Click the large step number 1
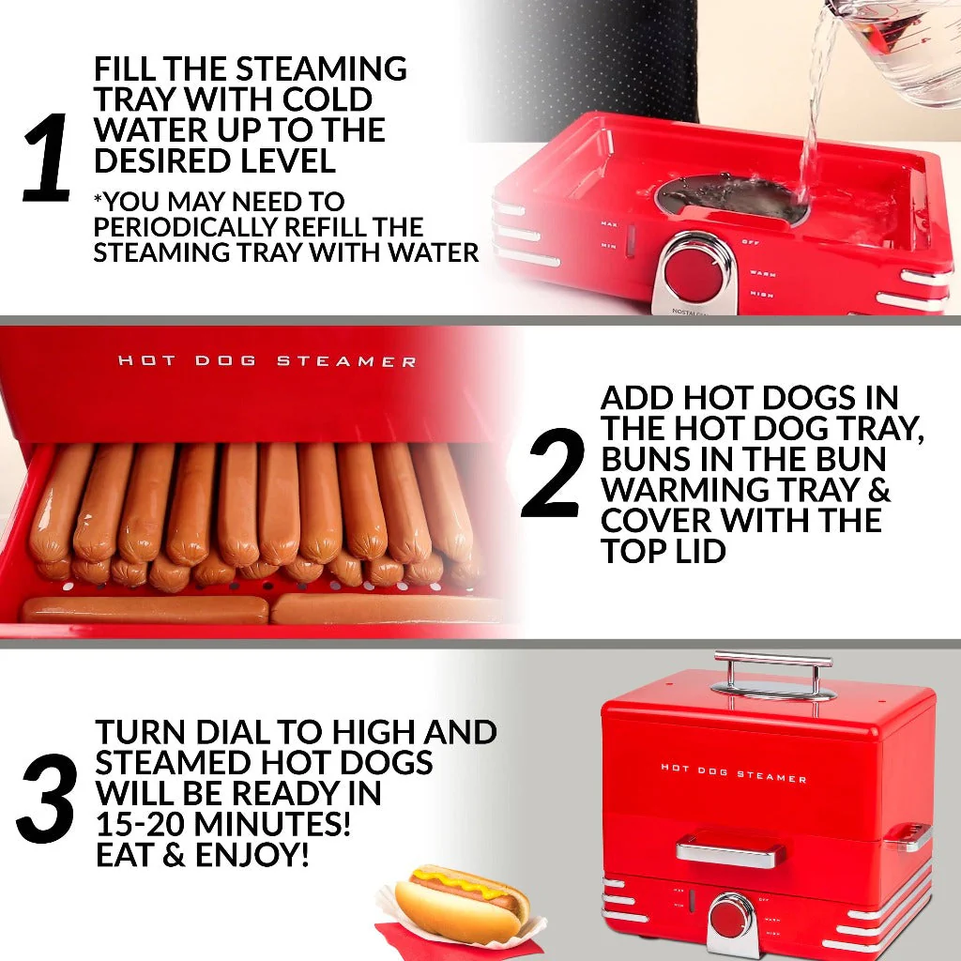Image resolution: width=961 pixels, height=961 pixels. (47, 158)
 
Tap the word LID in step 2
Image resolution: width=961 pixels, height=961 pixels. (695, 551)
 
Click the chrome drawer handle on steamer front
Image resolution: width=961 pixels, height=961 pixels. (730, 851)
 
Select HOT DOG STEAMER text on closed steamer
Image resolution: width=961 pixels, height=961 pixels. (733, 772)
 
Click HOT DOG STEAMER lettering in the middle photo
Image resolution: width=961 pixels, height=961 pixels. (267, 361)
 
